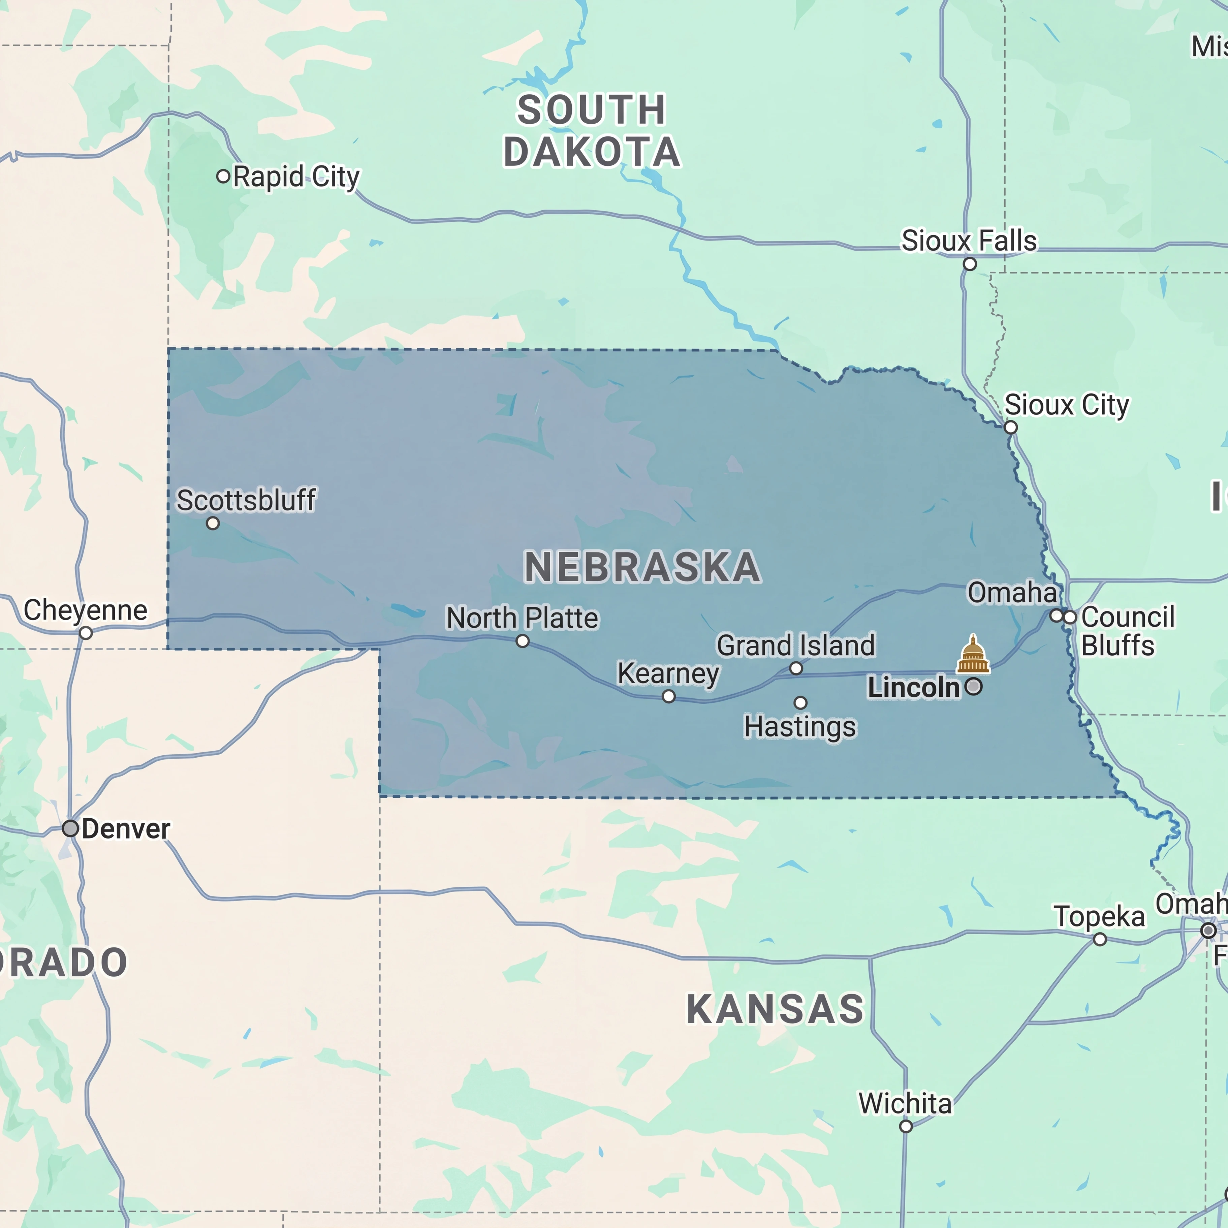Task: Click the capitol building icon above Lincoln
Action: click(x=973, y=655)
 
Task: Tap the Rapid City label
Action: click(x=296, y=177)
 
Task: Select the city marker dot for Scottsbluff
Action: click(x=213, y=523)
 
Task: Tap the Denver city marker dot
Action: click(x=70, y=828)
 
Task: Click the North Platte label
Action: click(x=522, y=618)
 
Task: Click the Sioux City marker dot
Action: click(x=1011, y=427)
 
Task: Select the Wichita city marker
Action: click(x=906, y=1126)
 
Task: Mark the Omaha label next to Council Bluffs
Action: click(x=1012, y=592)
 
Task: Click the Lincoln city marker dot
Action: click(x=973, y=687)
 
